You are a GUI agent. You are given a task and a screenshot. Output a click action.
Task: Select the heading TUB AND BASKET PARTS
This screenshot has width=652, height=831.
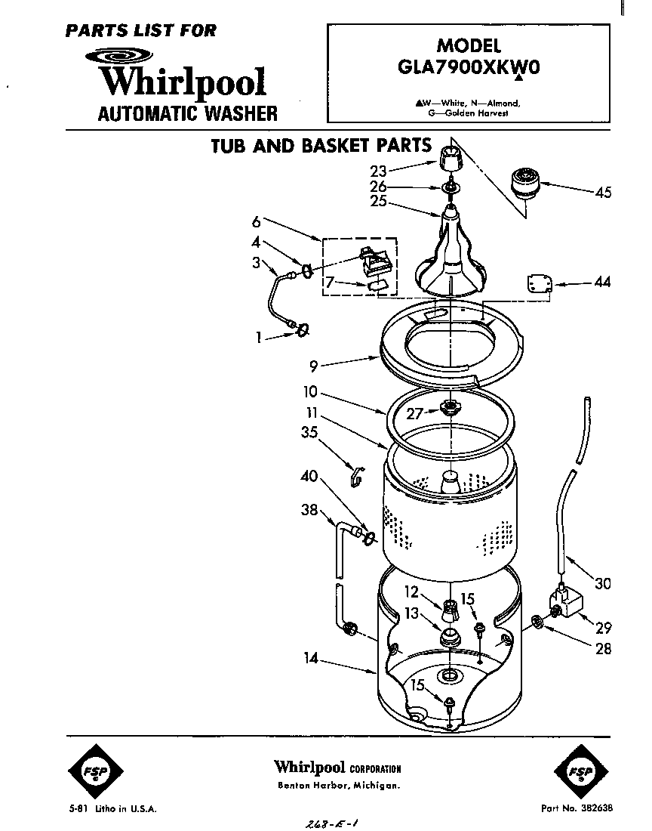point(321,146)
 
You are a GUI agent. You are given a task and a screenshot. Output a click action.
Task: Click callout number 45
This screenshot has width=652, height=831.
point(602,192)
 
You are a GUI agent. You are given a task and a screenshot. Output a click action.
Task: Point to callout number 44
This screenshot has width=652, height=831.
point(602,283)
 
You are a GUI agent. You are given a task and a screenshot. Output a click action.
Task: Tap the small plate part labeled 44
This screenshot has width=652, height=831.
point(537,283)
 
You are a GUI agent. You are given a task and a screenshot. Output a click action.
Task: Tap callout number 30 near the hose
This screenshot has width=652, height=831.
point(602,583)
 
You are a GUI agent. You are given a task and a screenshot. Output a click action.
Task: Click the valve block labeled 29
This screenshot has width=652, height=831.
point(567,604)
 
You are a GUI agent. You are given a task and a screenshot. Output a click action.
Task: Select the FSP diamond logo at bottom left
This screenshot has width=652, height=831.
point(95,770)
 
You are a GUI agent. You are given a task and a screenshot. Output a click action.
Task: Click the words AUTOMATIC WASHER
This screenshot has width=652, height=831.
point(188,114)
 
